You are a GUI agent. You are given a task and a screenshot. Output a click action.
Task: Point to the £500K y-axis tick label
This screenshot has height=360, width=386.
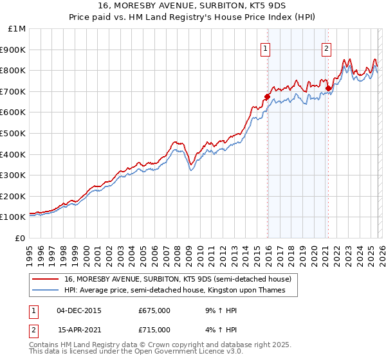pyautogui.click(x=15, y=133)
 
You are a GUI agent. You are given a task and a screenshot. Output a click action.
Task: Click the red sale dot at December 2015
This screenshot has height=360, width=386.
pyautogui.click(x=266, y=97)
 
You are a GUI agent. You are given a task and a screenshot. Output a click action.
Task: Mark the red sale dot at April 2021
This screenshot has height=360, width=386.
pyautogui.click(x=328, y=89)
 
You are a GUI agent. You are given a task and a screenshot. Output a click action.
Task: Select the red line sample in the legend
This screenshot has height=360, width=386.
pyautogui.click(x=45, y=279)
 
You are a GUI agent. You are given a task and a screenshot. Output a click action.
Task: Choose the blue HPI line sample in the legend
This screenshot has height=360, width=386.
pyautogui.click(x=45, y=291)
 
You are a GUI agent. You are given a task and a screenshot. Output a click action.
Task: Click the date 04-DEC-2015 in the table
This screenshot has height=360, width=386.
pyautogui.click(x=78, y=310)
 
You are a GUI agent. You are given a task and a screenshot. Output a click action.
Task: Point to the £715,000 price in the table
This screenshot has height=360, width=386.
pyautogui.click(x=154, y=329)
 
